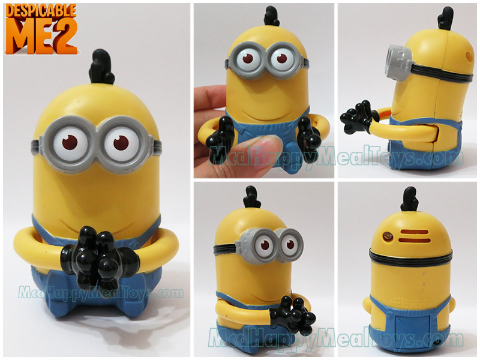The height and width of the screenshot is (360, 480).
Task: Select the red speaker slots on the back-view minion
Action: pyautogui.click(x=415, y=236)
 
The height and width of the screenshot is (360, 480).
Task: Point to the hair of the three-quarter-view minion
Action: pyautogui.click(x=253, y=197)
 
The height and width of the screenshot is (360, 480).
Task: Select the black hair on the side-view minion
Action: pyautogui.click(x=445, y=19)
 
